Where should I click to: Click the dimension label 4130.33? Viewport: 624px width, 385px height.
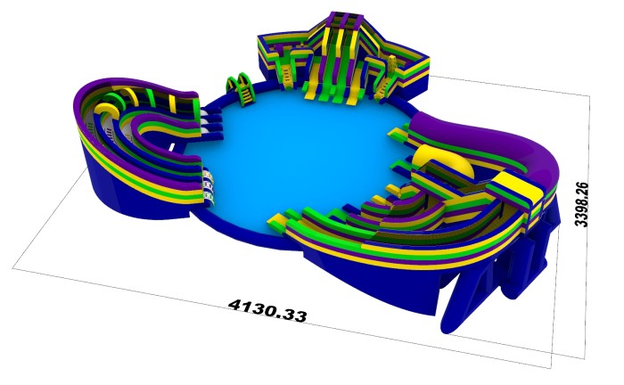coord(267,310)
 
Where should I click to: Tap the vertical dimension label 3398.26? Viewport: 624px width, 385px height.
coord(582,204)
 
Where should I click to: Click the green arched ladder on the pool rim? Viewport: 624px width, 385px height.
coord(241,88)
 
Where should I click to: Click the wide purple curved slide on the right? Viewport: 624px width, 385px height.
coord(489,140)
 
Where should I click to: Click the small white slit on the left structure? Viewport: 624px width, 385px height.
coord(172,147)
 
